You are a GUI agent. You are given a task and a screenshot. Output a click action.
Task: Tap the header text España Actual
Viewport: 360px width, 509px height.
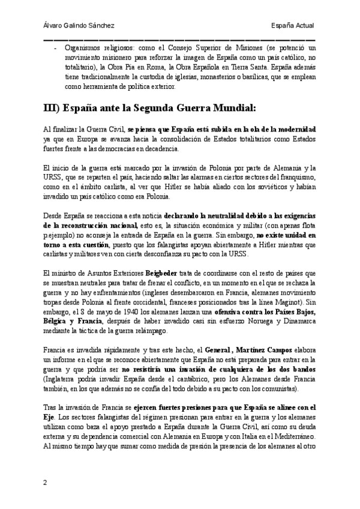[293, 25]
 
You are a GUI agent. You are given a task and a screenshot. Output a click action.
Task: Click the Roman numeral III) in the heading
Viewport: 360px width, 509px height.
[55, 108]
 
